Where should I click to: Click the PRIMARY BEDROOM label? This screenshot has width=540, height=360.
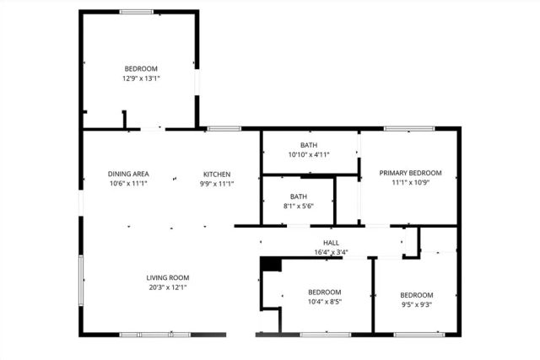(x=409, y=173)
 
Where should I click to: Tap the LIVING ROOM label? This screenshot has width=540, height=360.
(x=168, y=277)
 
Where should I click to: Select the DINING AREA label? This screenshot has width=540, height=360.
(x=128, y=174)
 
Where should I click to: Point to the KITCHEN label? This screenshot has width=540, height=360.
(x=217, y=174)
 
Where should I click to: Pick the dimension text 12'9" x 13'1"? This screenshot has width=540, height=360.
(x=142, y=78)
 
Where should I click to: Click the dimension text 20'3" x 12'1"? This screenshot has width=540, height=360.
(x=168, y=287)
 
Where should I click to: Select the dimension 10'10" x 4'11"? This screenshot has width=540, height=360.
(x=309, y=155)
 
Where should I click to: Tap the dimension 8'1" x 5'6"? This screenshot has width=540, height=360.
(x=300, y=207)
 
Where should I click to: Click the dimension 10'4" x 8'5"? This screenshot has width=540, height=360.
(x=324, y=302)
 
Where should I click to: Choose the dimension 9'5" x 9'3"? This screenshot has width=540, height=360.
(x=416, y=305)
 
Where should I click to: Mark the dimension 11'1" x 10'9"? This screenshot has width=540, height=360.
(x=409, y=183)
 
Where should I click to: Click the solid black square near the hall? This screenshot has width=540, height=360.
(x=269, y=263)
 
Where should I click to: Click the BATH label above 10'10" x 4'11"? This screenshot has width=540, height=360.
(x=309, y=145)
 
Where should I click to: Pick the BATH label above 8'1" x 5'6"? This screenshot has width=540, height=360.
(x=300, y=196)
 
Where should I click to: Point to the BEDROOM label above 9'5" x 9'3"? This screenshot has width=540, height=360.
(x=416, y=295)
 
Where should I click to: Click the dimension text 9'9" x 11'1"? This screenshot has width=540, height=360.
(x=217, y=184)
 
